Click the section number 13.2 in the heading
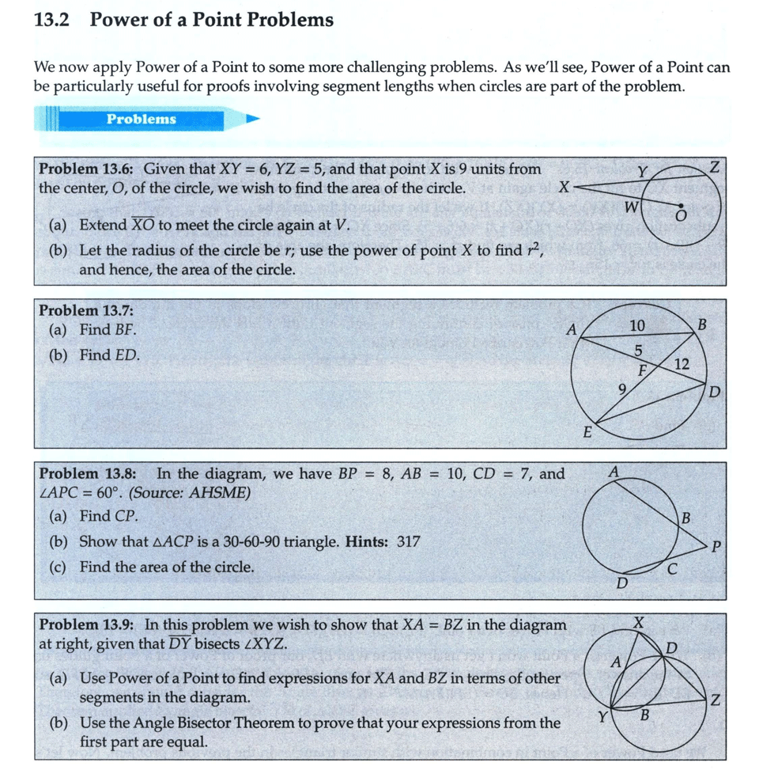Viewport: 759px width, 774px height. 52,20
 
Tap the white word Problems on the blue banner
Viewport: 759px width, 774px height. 142,120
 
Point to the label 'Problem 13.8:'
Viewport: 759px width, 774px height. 87,474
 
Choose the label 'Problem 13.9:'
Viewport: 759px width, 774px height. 87,624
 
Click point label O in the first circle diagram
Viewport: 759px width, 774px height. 678,215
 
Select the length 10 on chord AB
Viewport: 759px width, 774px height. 637,325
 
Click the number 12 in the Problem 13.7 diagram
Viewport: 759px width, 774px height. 682,364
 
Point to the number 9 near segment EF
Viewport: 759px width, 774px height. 622,389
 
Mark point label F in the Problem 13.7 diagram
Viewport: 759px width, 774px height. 644,370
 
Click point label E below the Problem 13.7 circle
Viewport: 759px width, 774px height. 587,432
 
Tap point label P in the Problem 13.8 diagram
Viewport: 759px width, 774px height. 716,545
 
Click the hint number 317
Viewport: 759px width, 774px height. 408,542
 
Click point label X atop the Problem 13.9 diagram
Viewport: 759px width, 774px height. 639,622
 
